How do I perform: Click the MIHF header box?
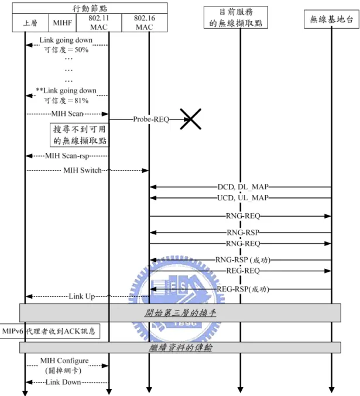pyautogui.click(x=63, y=23)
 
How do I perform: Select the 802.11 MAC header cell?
pyautogui.click(x=99, y=23)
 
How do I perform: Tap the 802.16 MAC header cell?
pyautogui.click(x=145, y=23)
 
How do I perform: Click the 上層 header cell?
pyautogui.click(x=30, y=23)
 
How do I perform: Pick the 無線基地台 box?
pyautogui.click(x=331, y=19)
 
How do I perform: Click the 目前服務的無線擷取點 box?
pyautogui.click(x=236, y=17)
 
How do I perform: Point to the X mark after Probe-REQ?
pyautogui.click(x=190, y=119)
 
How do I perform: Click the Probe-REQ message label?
pyautogui.click(x=151, y=119)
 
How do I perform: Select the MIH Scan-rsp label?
pyautogui.click(x=67, y=156)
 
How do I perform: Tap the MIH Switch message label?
pyautogui.click(x=83, y=170)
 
